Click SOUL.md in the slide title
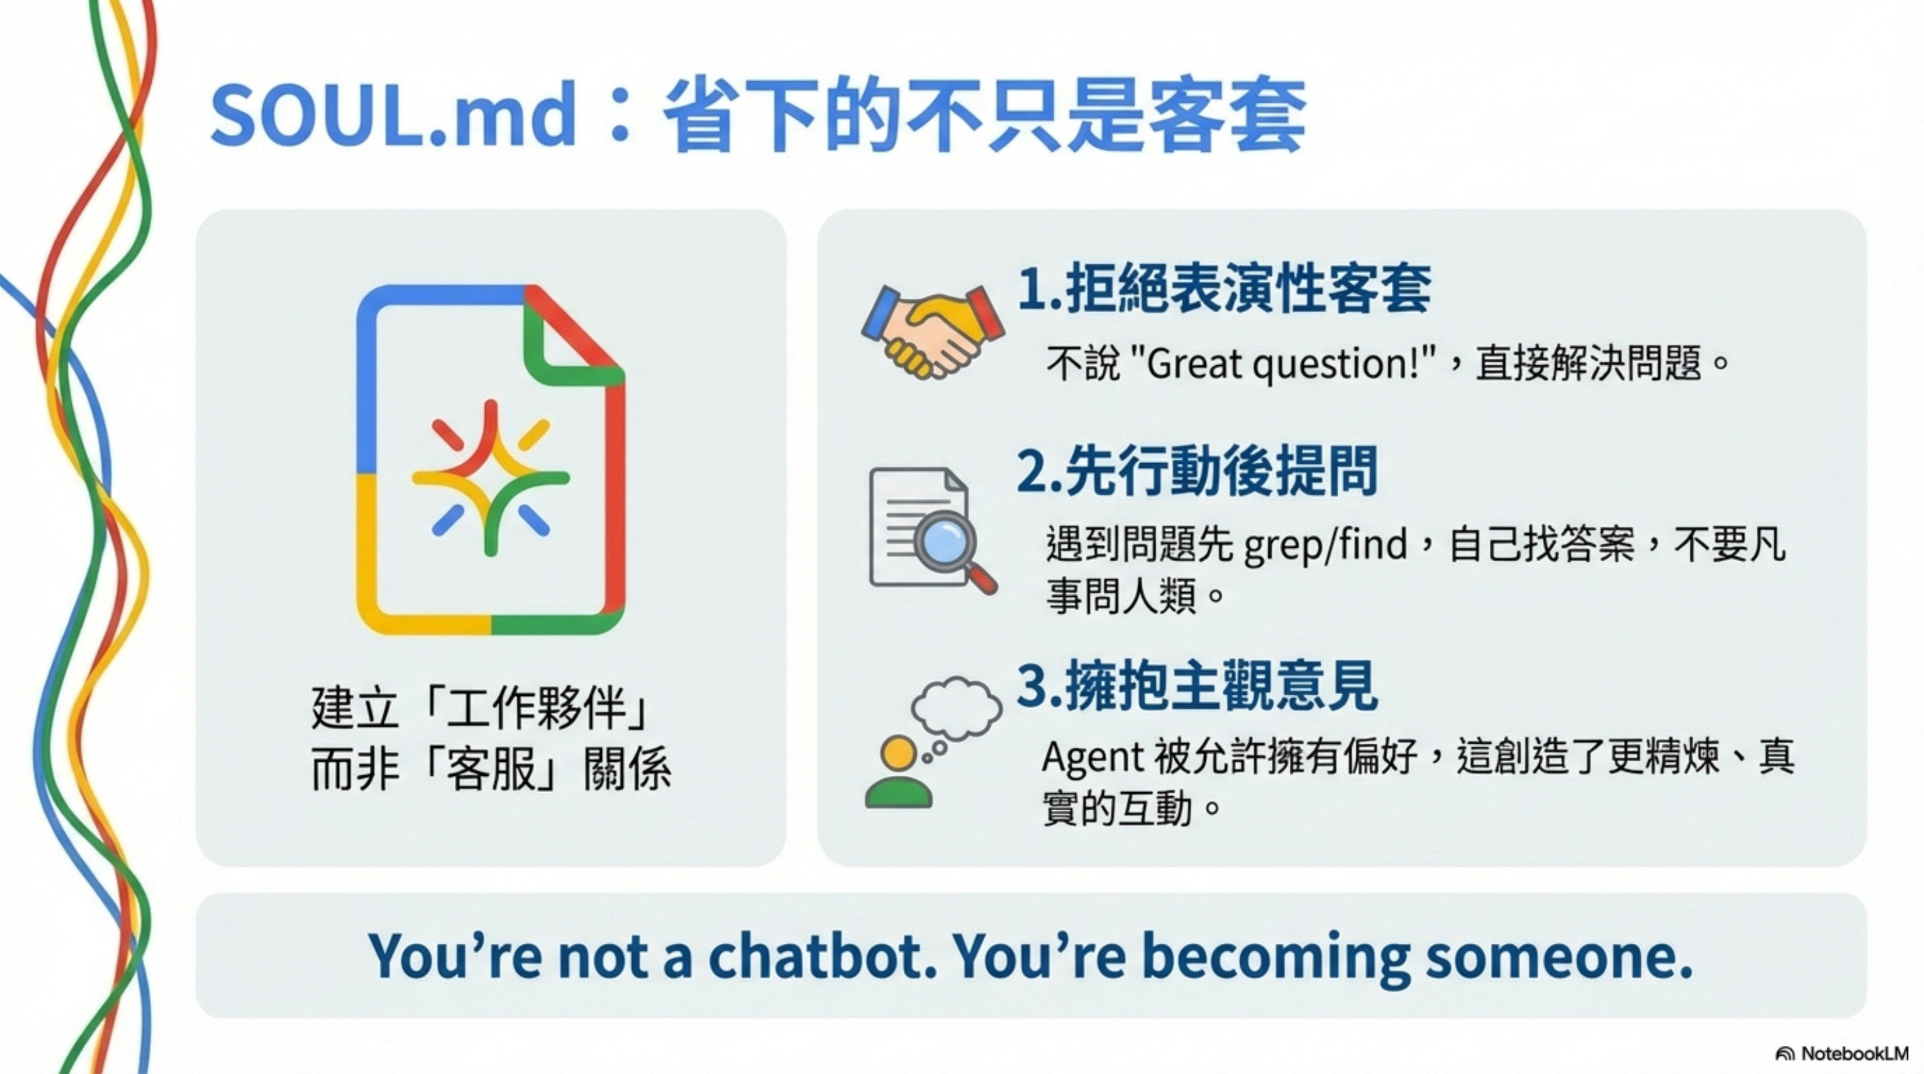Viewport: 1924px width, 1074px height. [x=394, y=115]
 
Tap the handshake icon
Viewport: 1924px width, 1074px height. [x=932, y=330]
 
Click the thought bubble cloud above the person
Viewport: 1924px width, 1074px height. [x=957, y=705]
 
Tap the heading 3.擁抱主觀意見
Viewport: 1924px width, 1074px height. [x=1197, y=685]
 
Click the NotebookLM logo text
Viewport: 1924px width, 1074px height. [x=1854, y=1053]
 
